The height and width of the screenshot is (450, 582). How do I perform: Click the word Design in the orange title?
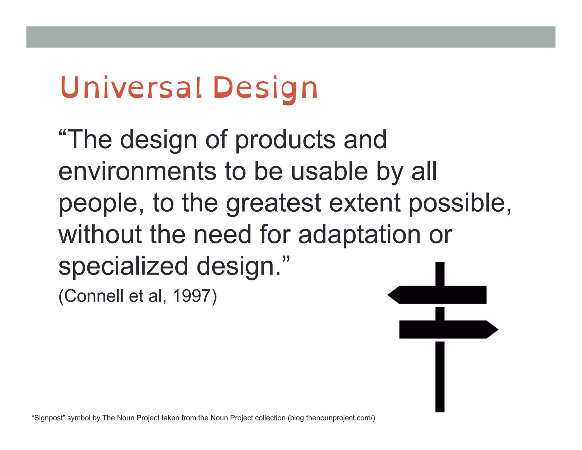tap(265, 88)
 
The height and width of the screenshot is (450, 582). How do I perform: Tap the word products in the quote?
tap(285, 140)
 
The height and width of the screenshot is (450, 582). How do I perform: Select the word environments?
tap(138, 171)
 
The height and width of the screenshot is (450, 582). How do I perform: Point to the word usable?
tap(330, 171)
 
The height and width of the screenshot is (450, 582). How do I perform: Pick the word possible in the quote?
tap(458, 203)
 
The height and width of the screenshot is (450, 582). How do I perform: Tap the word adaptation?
tap(359, 235)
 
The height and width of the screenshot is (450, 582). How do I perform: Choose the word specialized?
tap(123, 266)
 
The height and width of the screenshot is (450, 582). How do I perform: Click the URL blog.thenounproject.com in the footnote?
tap(331, 418)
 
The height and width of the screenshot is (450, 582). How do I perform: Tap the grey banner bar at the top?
tap(291, 37)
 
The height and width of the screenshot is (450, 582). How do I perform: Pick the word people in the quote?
tap(99, 204)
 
